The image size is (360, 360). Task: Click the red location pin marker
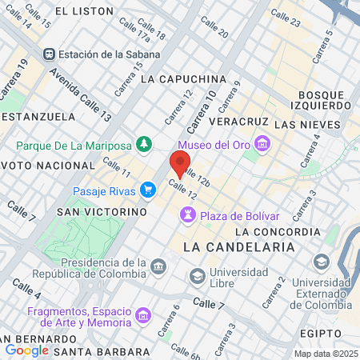[180, 165]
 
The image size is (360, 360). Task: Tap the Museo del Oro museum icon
[262, 144]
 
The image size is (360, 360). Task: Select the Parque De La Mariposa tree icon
[143, 145]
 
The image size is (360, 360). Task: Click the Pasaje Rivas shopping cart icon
[147, 190]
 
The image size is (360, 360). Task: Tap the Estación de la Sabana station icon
[50, 54]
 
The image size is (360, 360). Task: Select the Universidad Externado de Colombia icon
[321, 262]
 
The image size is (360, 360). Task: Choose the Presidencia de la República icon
[158, 266]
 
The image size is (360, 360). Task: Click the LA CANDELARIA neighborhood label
[239, 247]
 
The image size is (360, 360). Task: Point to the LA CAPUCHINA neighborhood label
[183, 80]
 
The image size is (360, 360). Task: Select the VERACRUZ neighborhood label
[238, 122]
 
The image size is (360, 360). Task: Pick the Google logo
[27, 350]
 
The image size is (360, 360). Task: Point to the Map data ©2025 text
[325, 354]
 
